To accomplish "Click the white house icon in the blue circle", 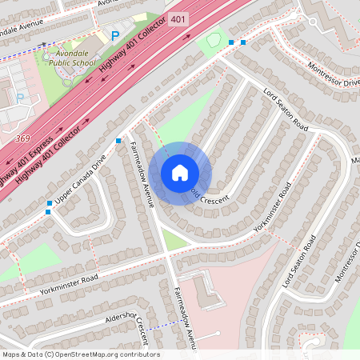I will point(180,173).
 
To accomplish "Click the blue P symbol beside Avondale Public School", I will point(115,36).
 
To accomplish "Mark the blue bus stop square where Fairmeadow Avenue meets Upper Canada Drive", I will point(118,141).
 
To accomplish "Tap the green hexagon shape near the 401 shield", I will point(214,39).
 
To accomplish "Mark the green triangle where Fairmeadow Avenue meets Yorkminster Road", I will point(175,239).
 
